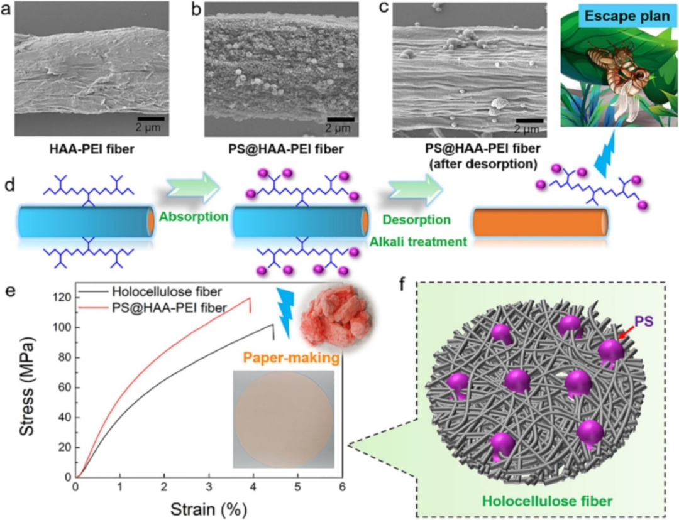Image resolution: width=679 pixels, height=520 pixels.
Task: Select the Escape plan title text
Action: pos(619,17)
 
